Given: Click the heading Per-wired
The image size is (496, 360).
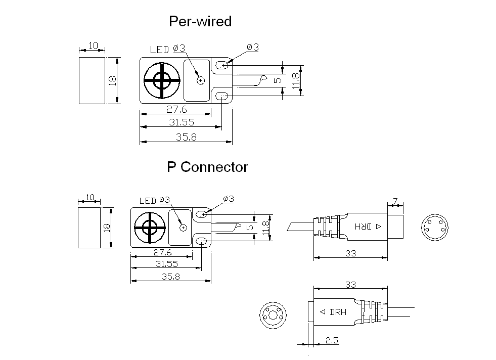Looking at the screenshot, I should click(200, 21).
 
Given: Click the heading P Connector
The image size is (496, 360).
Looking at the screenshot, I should click(207, 167).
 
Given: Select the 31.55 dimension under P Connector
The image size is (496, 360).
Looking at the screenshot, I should click(167, 264).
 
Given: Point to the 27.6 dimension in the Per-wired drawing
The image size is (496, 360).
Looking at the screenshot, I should click(176, 110).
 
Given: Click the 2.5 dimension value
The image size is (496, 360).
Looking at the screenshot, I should click(332, 340).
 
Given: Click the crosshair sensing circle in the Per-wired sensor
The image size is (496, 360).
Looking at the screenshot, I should click(161, 81).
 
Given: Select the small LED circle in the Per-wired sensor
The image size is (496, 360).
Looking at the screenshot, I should click(201, 80).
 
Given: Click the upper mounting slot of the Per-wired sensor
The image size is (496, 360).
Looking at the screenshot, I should click(223, 65).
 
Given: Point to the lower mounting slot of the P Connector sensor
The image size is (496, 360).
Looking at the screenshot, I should click(202, 241).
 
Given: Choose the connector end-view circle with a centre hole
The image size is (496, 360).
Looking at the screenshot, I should click(273, 315).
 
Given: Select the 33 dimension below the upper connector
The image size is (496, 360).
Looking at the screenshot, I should click(350, 253).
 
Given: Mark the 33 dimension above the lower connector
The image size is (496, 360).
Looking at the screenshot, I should click(350, 285).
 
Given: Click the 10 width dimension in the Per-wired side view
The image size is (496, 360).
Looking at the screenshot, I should click(93, 46).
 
